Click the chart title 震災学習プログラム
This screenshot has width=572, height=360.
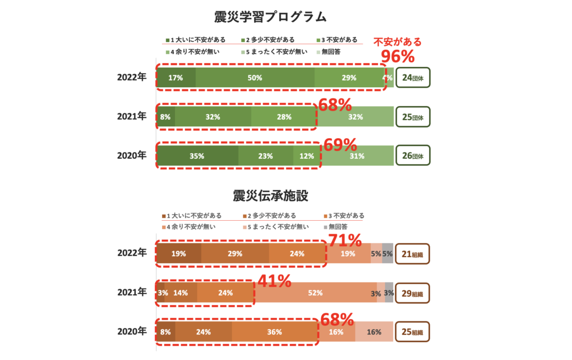point(270,17)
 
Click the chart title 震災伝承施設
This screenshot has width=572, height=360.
point(270,196)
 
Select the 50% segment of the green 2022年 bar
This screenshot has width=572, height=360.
point(255,78)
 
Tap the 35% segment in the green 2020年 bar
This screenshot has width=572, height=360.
point(197,157)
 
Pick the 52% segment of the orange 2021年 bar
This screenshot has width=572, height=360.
point(314,292)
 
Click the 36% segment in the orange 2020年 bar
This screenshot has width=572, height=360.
point(274,331)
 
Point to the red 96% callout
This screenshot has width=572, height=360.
point(397,56)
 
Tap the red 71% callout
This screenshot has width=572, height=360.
point(345,241)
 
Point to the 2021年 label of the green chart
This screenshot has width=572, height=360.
point(132,117)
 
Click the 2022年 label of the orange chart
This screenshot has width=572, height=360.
point(132,253)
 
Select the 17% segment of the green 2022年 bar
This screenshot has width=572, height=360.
point(176,78)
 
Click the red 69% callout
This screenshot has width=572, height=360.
point(340,145)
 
